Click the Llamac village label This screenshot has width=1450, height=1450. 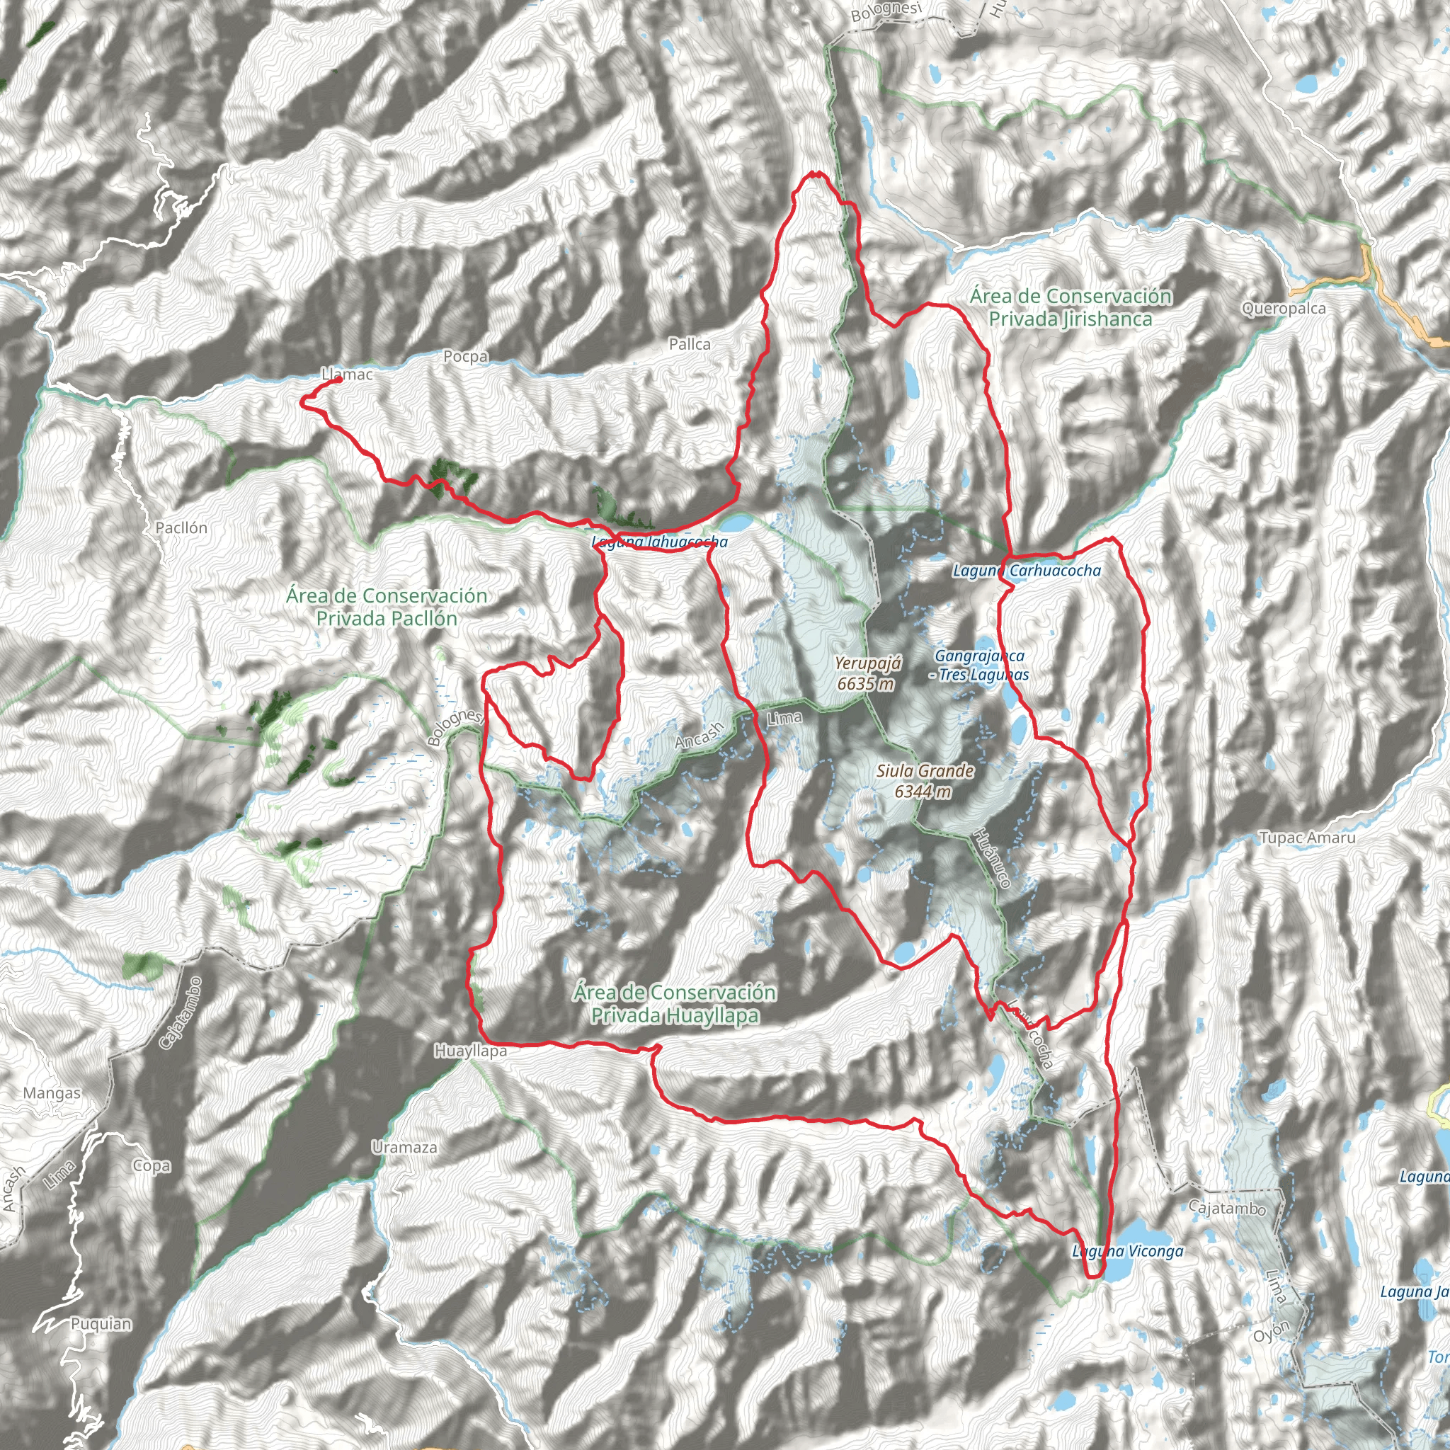348,374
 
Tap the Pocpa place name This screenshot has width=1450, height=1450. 465,357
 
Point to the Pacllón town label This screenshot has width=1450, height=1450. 181,527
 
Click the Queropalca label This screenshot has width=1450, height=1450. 1284,309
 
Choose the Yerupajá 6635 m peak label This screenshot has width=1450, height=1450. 867,673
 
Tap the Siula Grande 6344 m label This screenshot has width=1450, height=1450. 925,780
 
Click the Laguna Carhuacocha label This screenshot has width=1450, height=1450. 1026,571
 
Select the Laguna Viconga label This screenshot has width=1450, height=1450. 1127,1251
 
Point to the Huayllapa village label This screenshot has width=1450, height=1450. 471,1051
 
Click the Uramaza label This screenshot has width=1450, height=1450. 404,1148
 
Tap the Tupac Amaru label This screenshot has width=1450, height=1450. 1307,838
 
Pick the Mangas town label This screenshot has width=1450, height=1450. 52,1092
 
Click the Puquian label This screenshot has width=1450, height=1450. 101,1324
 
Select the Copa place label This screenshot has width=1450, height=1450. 151,1165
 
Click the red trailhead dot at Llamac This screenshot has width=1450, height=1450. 339,379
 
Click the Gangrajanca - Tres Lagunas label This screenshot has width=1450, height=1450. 978,665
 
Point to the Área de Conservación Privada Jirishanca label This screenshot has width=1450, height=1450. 1070,308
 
